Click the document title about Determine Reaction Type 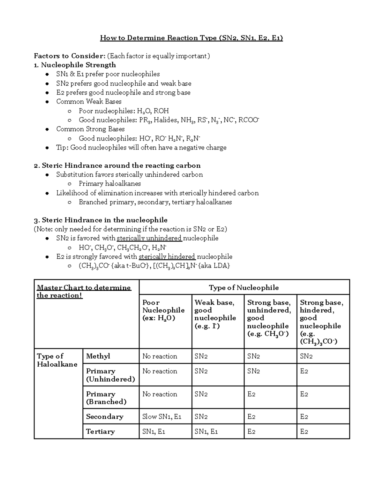tap(191, 38)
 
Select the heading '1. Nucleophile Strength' tap(75, 65)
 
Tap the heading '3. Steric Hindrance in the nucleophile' tap(101, 220)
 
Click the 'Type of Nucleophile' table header tap(244, 287)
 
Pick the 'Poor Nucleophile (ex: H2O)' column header tap(163, 310)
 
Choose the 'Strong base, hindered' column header tap(321, 322)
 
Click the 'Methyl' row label tap(98, 356)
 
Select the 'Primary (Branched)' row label tap(106, 398)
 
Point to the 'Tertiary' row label tap(100, 431)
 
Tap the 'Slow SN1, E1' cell tap(162, 417)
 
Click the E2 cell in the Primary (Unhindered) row tap(304, 371)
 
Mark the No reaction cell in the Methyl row tap(160, 356)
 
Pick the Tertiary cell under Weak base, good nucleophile tap(206, 431)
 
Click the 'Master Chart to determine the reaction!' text tap(84, 291)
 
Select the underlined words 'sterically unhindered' tap(149, 238)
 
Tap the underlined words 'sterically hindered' tap(167, 257)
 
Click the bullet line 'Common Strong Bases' tap(90, 129)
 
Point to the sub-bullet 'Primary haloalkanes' tap(110, 184)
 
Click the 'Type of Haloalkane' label tap(57, 360)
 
